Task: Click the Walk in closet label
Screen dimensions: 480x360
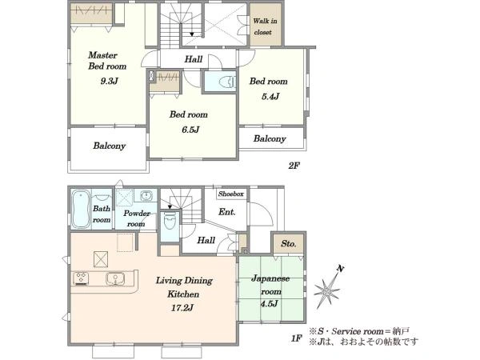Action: coord(265,26)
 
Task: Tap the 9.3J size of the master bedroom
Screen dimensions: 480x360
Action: coord(110,81)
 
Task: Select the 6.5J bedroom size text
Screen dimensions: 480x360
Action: coord(190,130)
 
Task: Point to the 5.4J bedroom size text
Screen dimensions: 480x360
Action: coord(270,97)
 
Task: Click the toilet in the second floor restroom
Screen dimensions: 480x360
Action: coord(227,82)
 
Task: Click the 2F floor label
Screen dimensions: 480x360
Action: coord(294,166)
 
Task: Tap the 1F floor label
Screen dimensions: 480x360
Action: coord(297,338)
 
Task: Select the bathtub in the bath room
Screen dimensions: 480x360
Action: coord(81,210)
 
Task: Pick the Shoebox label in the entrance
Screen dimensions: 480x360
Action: coord(231,194)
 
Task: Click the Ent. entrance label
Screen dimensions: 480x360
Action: coord(227,212)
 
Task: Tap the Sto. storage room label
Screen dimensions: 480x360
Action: coord(289,244)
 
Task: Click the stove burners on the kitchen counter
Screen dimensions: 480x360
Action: coord(81,278)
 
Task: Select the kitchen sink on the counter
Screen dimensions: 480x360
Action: coord(115,279)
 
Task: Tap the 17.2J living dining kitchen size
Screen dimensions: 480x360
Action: coord(182,308)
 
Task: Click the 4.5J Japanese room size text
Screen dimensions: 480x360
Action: coord(270,304)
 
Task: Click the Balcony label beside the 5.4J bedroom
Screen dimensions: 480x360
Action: coord(270,138)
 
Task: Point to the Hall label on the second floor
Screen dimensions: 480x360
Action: coord(194,59)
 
